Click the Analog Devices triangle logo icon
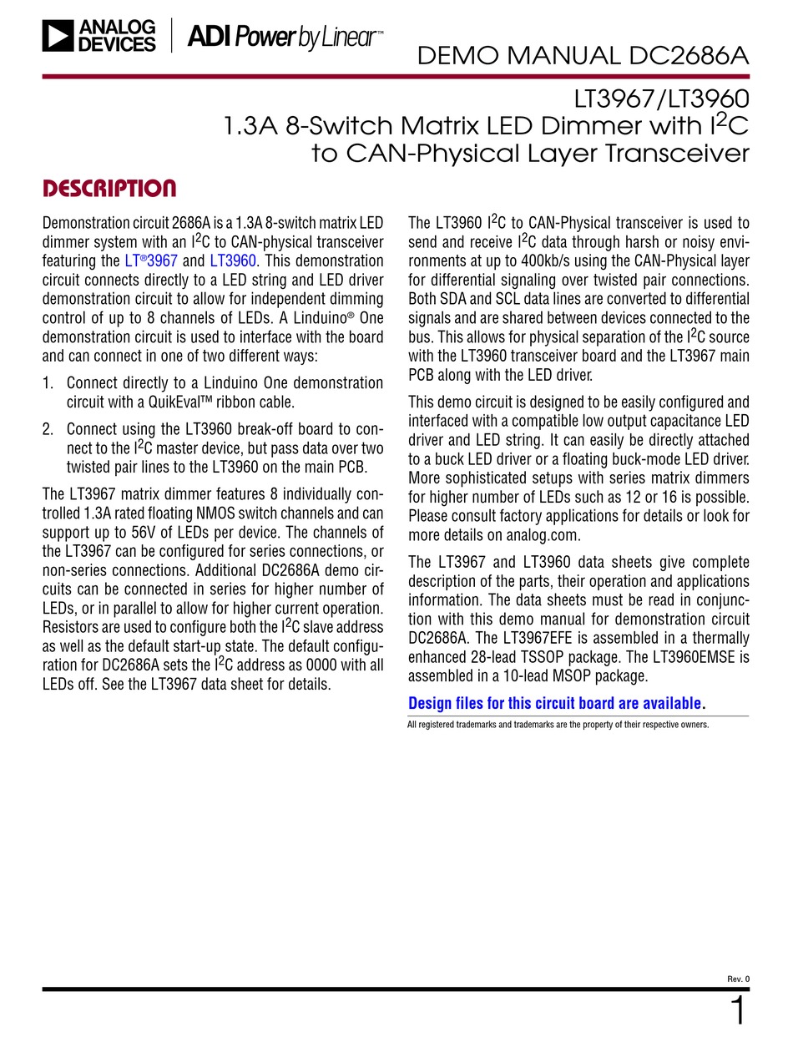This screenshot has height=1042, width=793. (x=57, y=37)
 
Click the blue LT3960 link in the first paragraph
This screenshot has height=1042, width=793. (x=233, y=260)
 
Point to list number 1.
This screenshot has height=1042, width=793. (x=48, y=382)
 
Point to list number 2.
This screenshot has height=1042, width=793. (x=48, y=429)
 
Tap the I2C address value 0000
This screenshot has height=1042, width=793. (x=323, y=665)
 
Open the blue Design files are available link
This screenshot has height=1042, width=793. (x=554, y=703)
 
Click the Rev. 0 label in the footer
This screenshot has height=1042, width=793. (x=739, y=979)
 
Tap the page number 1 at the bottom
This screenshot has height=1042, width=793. (x=738, y=1011)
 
